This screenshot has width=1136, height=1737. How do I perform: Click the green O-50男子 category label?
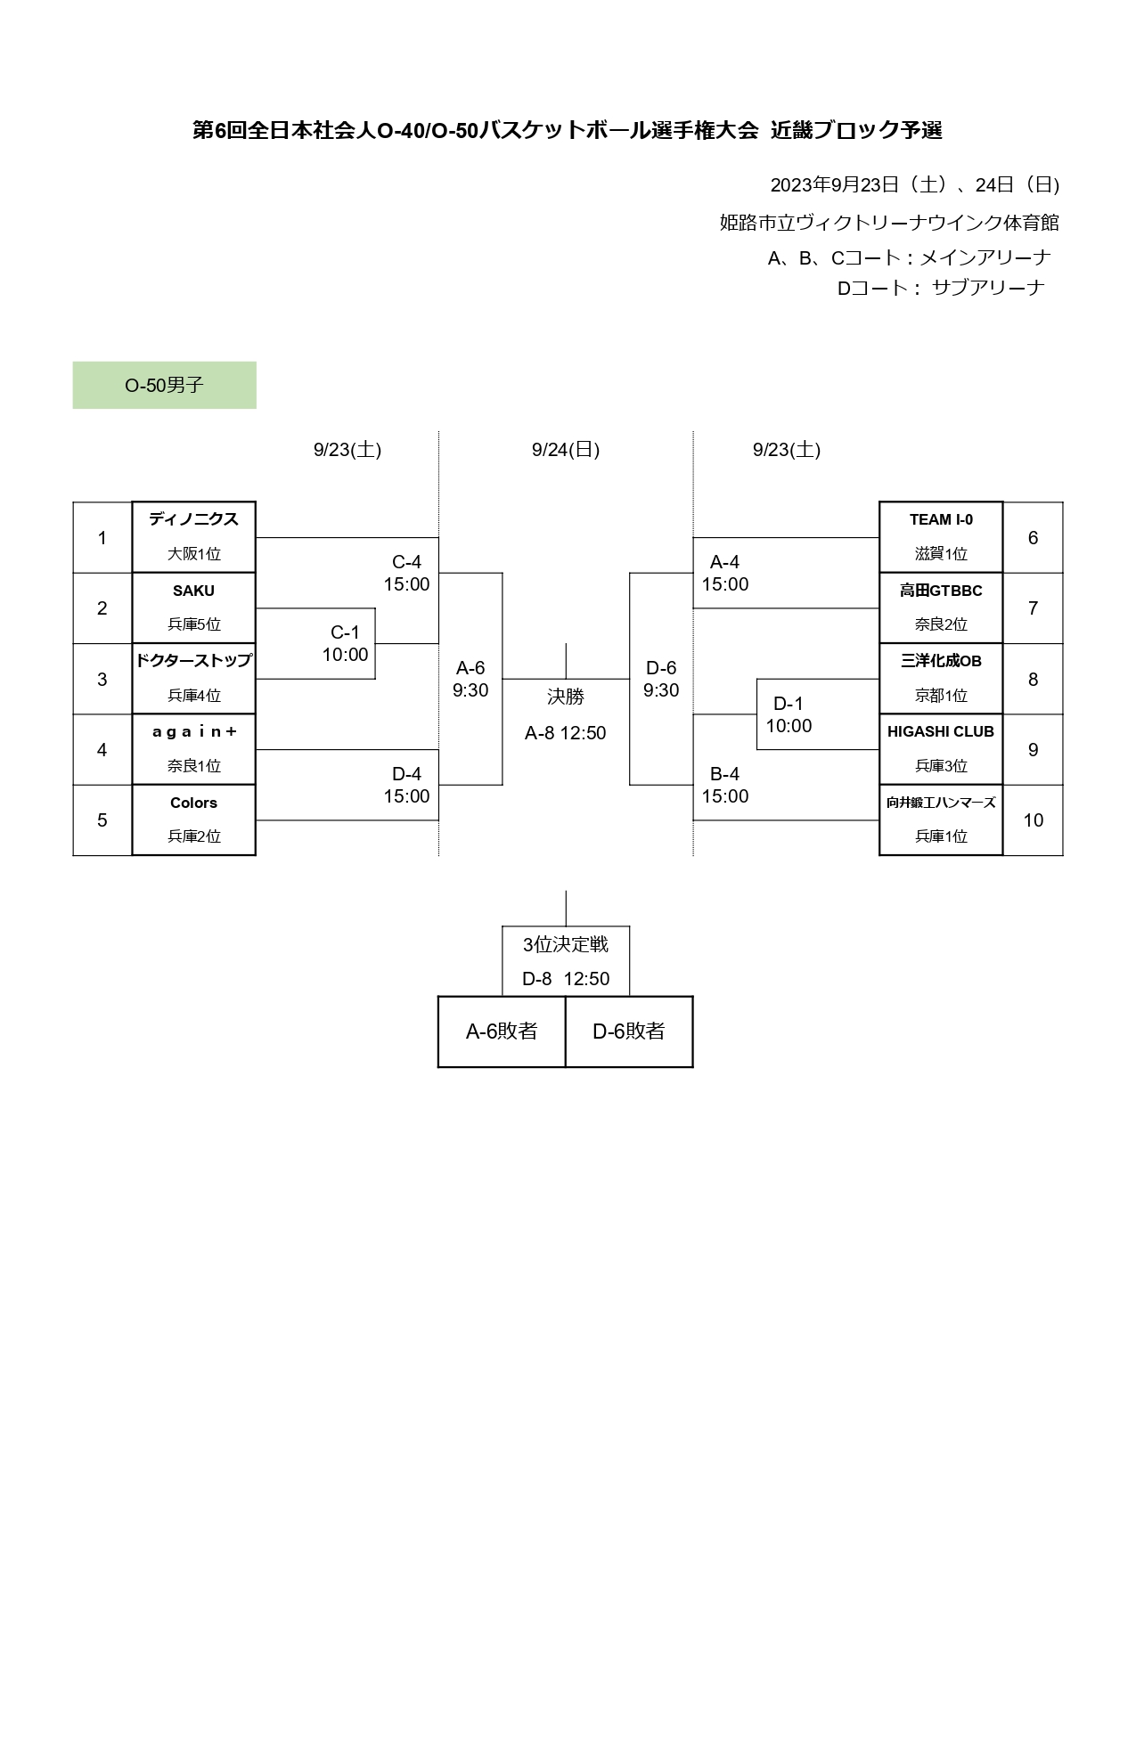[x=164, y=385]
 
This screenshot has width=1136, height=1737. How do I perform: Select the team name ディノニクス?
[x=193, y=519]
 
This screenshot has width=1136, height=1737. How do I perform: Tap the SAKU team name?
[x=193, y=591]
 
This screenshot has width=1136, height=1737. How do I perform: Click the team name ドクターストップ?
[x=193, y=661]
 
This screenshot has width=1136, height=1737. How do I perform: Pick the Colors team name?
[x=193, y=803]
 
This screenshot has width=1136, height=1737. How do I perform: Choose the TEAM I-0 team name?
[x=941, y=519]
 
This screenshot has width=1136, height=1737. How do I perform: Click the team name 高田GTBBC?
[x=941, y=591]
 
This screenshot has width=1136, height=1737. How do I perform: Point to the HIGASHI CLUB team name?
[x=941, y=731]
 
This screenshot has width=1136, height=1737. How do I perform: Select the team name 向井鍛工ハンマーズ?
[x=941, y=803]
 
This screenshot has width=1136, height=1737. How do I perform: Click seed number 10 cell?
[x=1033, y=820]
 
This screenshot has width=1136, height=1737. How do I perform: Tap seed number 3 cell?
[x=102, y=680]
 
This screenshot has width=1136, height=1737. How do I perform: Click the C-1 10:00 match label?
[x=345, y=643]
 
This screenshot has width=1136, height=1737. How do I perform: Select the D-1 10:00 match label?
[x=789, y=714]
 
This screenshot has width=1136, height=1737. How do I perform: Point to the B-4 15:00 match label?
[x=724, y=785]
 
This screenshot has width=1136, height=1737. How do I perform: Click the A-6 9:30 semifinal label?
[x=470, y=679]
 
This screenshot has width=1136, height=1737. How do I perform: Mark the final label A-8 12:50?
[x=565, y=733]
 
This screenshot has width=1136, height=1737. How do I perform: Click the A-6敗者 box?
[x=502, y=1032]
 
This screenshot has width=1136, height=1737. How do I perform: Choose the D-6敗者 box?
[x=629, y=1032]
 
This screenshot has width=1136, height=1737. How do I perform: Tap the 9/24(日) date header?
[x=565, y=450]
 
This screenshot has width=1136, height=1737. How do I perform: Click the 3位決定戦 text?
[x=565, y=944]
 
